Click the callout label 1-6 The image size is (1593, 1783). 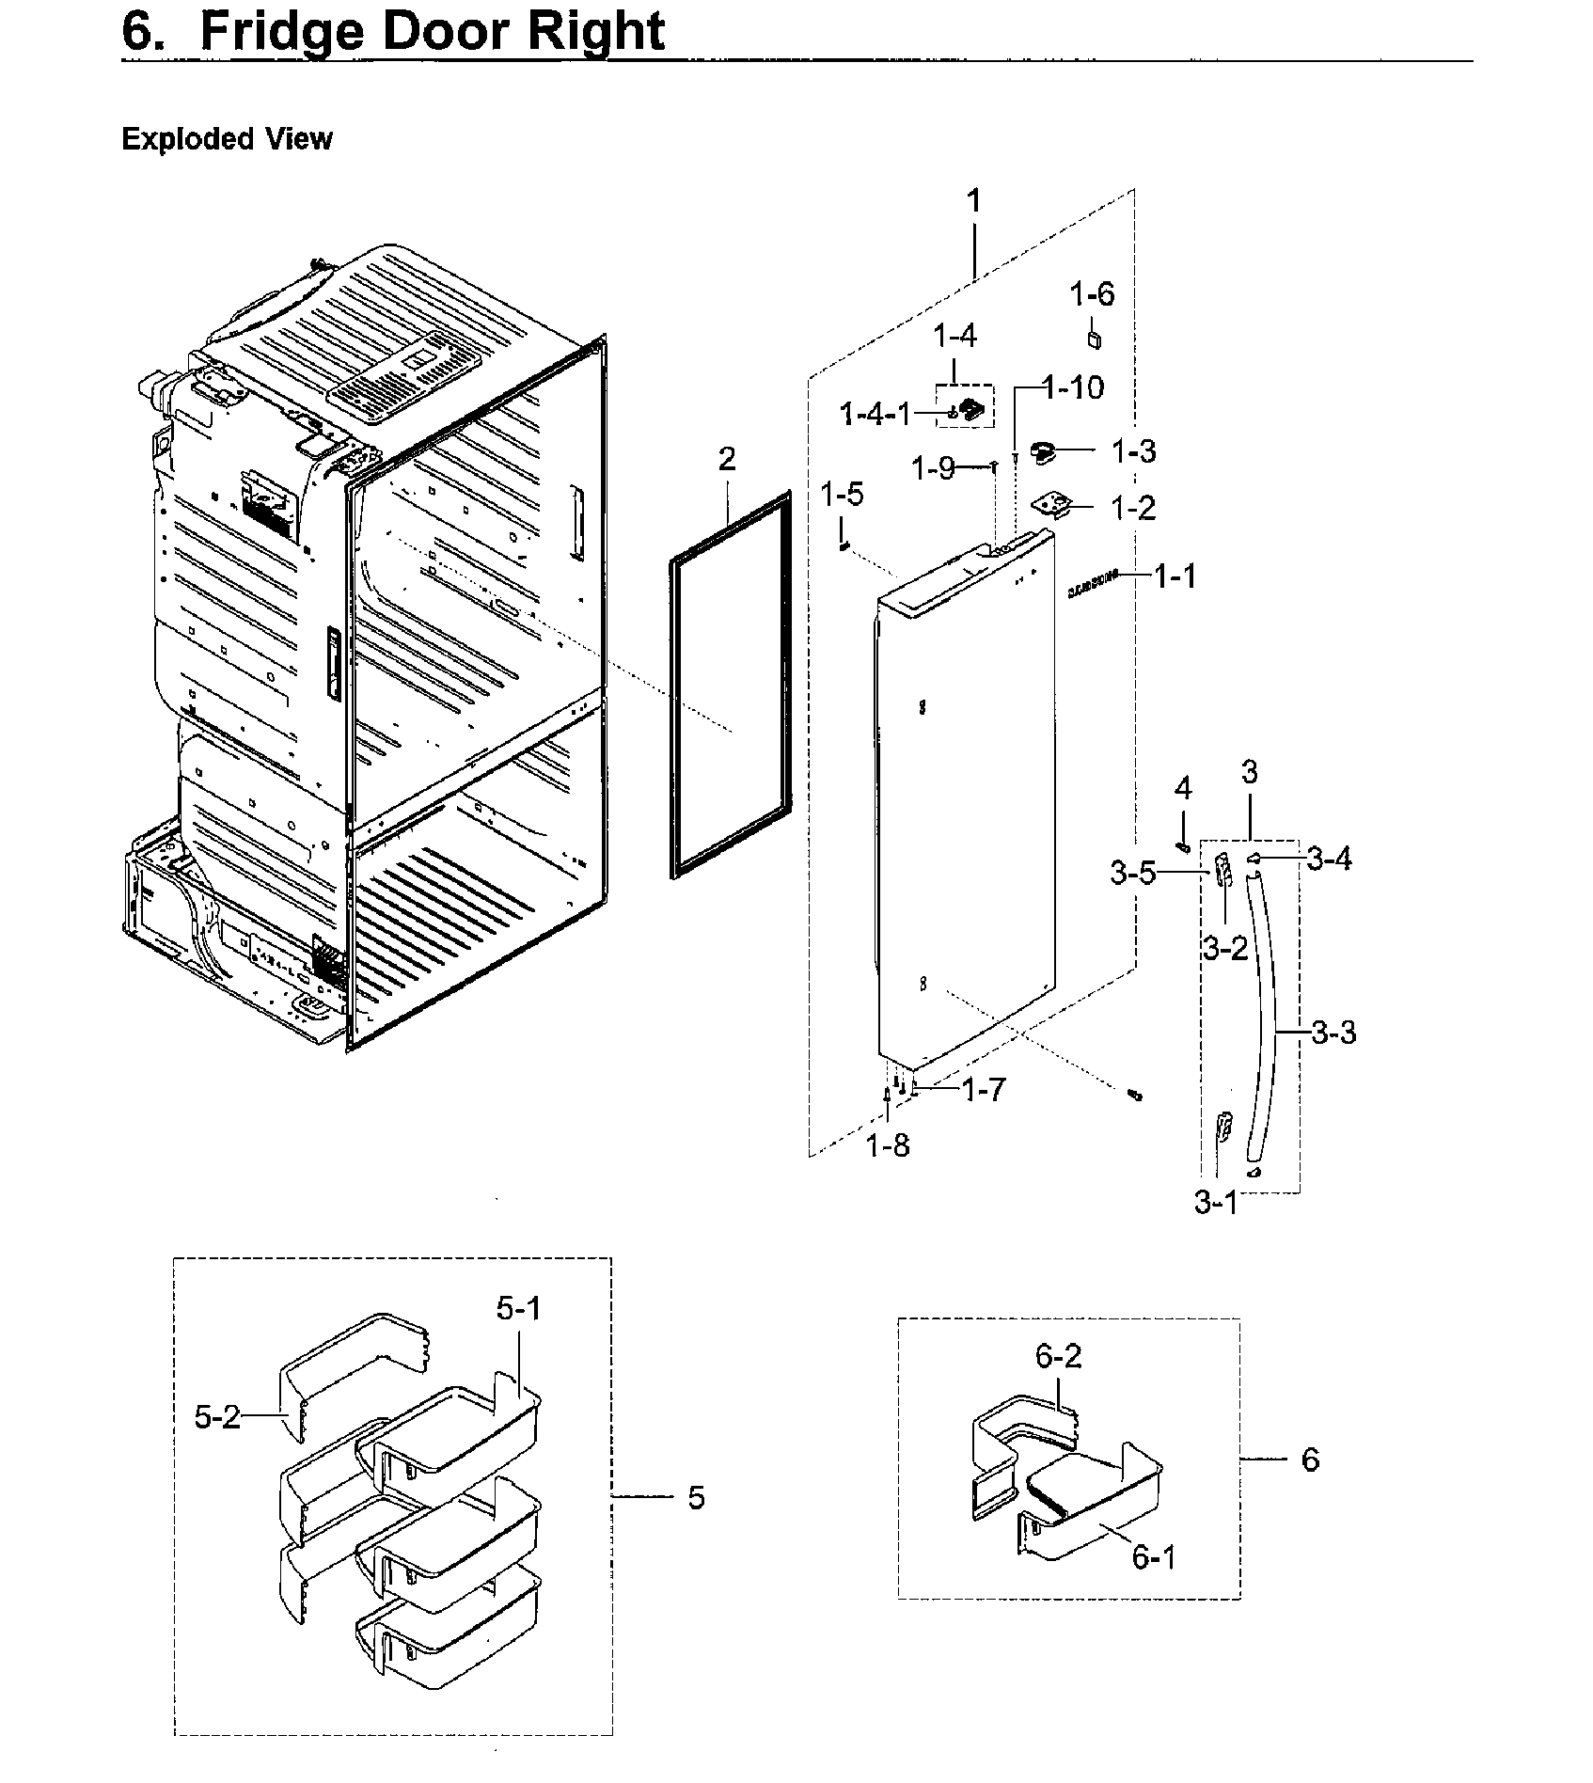(x=1092, y=294)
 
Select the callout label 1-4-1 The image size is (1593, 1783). (x=875, y=413)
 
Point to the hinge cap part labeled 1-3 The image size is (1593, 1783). (x=1043, y=452)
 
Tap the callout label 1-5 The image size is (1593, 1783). (x=842, y=494)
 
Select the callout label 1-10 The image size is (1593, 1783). (x=1076, y=387)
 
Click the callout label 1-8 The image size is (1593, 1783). (x=888, y=1145)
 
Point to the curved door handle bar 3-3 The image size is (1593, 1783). (x=1266, y=1025)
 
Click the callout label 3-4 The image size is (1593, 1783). (x=1330, y=858)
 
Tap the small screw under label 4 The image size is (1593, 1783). (x=1183, y=847)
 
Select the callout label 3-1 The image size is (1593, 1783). (x=1216, y=1202)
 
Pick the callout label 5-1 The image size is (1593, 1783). (x=519, y=1308)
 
